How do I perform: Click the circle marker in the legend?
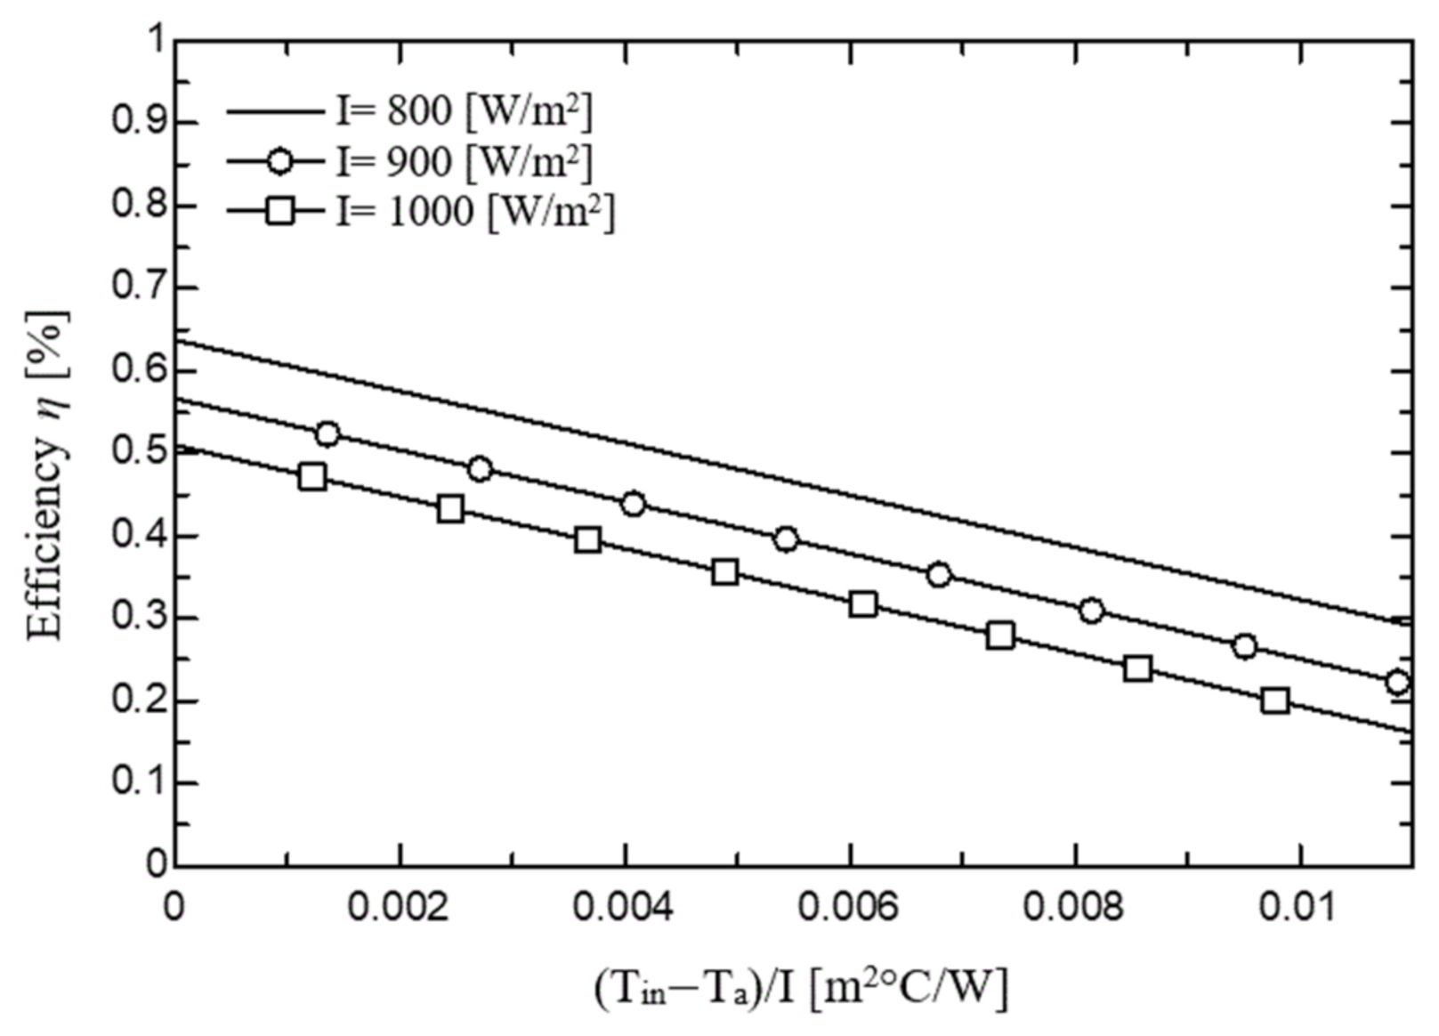tap(279, 161)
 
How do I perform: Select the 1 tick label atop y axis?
tap(157, 39)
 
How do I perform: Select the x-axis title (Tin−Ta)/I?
tap(800, 988)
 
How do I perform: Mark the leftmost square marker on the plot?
tap(312, 476)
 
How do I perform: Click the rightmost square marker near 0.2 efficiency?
tap(1275, 700)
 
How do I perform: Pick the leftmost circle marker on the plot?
tap(327, 434)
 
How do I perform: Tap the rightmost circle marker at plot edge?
tap(1398, 683)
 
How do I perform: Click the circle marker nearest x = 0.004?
tap(634, 505)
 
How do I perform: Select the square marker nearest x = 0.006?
tap(862, 604)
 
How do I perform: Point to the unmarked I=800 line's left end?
tap(178, 341)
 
